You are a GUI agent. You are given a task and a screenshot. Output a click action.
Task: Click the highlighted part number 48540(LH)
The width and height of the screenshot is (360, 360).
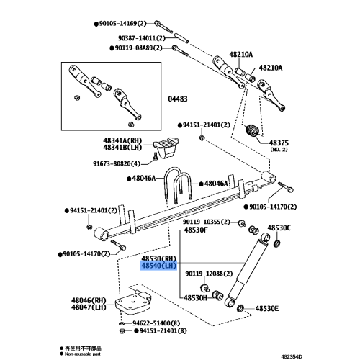point(158,266)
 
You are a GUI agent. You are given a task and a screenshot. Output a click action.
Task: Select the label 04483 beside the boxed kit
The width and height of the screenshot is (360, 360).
point(178,99)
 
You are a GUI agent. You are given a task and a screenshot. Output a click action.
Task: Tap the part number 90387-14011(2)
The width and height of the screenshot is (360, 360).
point(142,38)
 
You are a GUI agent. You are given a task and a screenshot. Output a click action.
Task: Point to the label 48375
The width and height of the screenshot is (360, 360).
point(279,143)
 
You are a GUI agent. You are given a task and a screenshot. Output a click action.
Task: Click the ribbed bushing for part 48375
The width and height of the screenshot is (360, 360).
point(252,131)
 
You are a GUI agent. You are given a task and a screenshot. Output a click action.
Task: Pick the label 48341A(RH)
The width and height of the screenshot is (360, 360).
point(122,140)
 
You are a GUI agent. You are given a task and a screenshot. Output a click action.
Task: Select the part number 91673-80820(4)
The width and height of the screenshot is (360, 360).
point(117,163)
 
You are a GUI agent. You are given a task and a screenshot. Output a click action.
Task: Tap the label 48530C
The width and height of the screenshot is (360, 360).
point(279,228)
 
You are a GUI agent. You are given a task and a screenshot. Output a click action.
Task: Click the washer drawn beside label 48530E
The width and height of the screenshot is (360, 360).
point(240,308)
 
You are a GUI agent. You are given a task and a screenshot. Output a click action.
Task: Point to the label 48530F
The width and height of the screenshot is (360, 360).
point(196,230)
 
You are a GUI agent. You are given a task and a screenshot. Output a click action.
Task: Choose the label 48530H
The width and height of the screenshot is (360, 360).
point(195,298)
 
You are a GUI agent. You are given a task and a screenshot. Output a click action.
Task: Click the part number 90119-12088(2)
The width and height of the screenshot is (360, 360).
point(209,274)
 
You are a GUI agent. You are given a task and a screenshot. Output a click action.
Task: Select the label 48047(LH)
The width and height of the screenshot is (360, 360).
point(89,307)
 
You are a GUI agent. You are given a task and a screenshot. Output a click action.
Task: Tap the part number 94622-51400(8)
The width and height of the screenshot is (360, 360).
point(156,323)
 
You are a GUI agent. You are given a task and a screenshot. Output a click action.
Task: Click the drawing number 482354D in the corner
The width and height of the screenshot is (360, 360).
point(292,356)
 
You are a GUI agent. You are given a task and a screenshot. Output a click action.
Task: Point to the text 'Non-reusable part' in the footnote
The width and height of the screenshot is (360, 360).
point(83,354)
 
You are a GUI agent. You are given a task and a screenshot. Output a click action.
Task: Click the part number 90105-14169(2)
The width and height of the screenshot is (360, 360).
point(122,24)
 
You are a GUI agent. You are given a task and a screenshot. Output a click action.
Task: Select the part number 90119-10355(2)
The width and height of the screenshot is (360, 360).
point(207,222)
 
